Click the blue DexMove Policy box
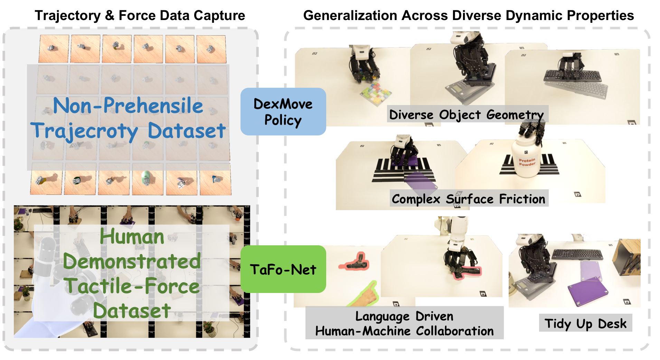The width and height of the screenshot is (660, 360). (283, 112)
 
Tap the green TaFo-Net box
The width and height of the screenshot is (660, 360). (283, 269)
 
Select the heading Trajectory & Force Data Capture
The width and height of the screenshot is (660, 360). (140, 16)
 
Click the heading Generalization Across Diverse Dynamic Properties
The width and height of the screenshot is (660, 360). (468, 16)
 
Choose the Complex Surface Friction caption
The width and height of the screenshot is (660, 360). (469, 199)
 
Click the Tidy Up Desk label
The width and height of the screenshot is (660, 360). (585, 323)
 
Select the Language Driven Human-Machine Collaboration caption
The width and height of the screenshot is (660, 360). (404, 323)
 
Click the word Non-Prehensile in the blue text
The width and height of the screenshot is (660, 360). (128, 106)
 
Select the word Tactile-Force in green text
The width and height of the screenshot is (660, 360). (133, 286)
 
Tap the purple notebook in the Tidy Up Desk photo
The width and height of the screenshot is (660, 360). (587, 292)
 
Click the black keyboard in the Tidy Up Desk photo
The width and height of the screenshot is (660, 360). (577, 254)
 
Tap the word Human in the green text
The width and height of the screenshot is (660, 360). (132, 237)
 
